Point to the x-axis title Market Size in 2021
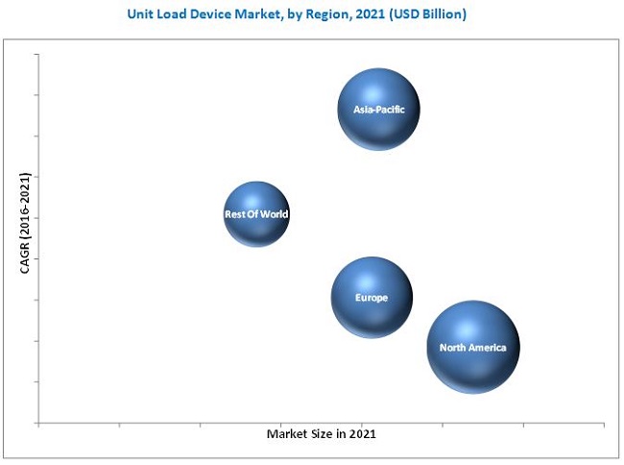tap(321, 434)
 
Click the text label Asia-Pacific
tap(378, 110)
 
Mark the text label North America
tap(473, 347)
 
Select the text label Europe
tap(372, 298)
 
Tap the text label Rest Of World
tap(255, 214)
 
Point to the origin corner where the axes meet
tap(38, 423)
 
